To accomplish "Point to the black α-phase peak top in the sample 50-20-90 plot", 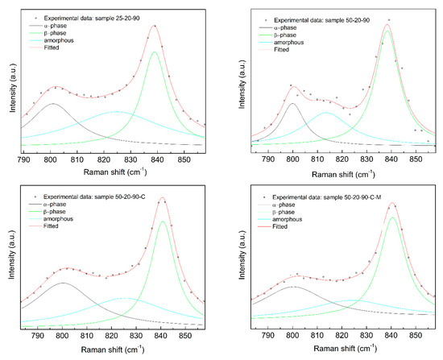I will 293,103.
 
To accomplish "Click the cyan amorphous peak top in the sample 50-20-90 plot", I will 326,113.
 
